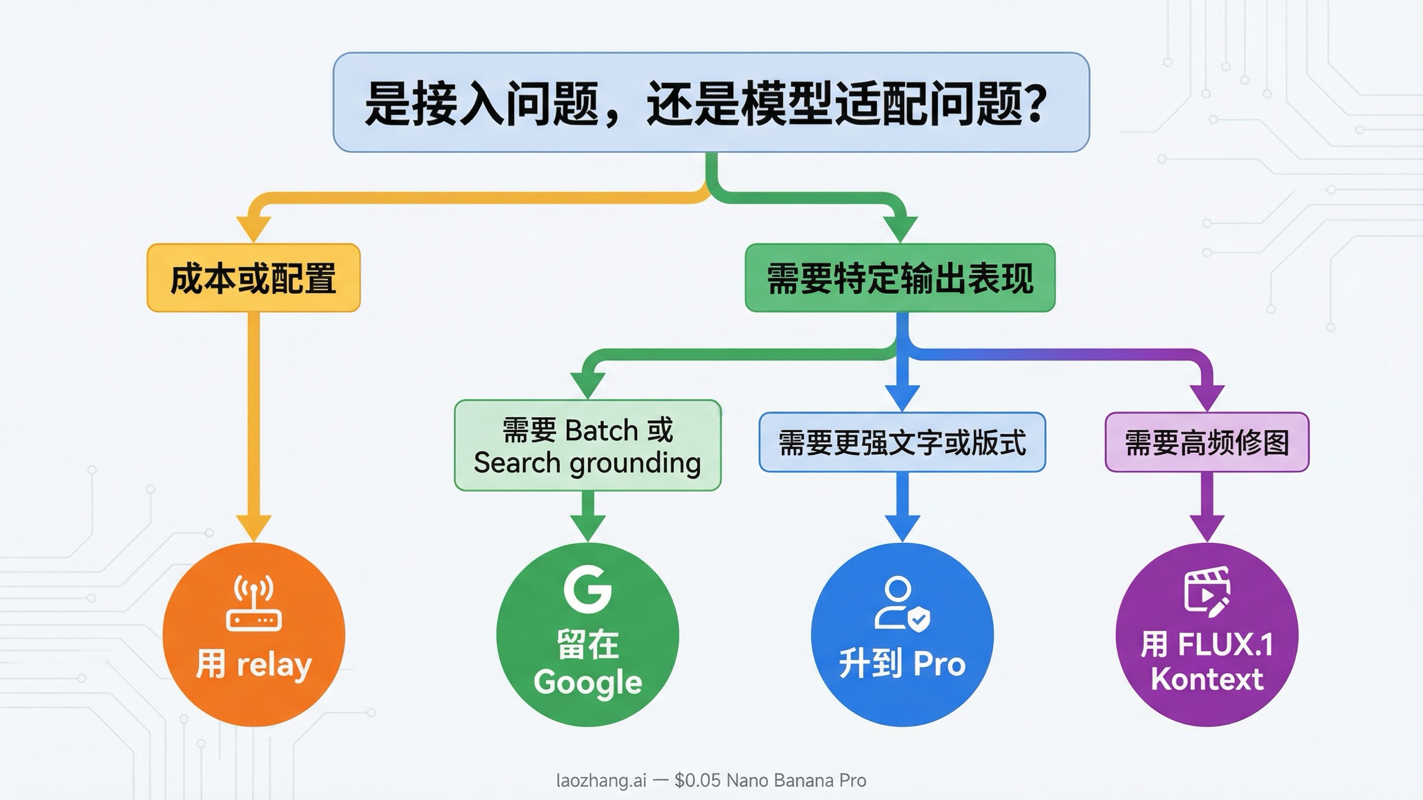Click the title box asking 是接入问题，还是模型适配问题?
coord(711,102)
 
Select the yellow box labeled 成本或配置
coord(254,278)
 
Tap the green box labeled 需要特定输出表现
coord(900,278)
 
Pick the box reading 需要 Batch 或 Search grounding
coord(588,446)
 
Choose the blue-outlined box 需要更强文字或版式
coord(902,443)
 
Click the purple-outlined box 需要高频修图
coord(1207,443)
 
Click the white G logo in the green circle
coord(588,590)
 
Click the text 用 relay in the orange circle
coord(254,664)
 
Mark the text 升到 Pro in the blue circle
coord(902,664)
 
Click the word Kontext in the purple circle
coord(1207,679)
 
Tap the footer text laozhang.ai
coord(601,780)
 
